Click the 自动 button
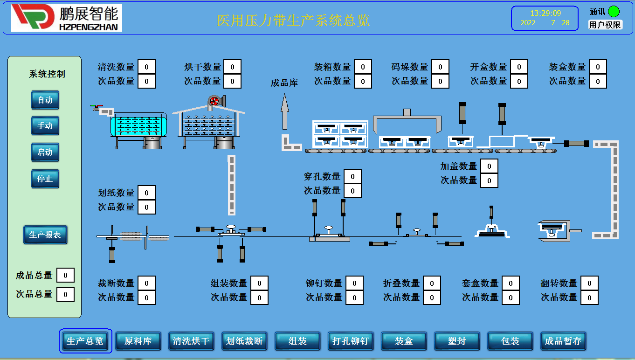(x=45, y=100)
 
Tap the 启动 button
(x=45, y=152)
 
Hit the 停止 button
(x=45, y=179)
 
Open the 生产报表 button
(x=45, y=235)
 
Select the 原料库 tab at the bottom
(x=138, y=341)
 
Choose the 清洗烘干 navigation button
(x=191, y=341)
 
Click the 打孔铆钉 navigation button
(x=351, y=341)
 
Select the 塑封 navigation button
(x=457, y=341)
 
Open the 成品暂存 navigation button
(x=563, y=341)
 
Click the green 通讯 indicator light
(x=614, y=12)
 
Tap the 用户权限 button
(x=605, y=25)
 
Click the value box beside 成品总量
(x=65, y=276)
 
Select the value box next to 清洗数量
(x=146, y=67)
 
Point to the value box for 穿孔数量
(x=352, y=176)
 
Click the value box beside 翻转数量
(x=589, y=283)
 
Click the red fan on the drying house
(x=214, y=101)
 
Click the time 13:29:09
(x=545, y=13)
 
